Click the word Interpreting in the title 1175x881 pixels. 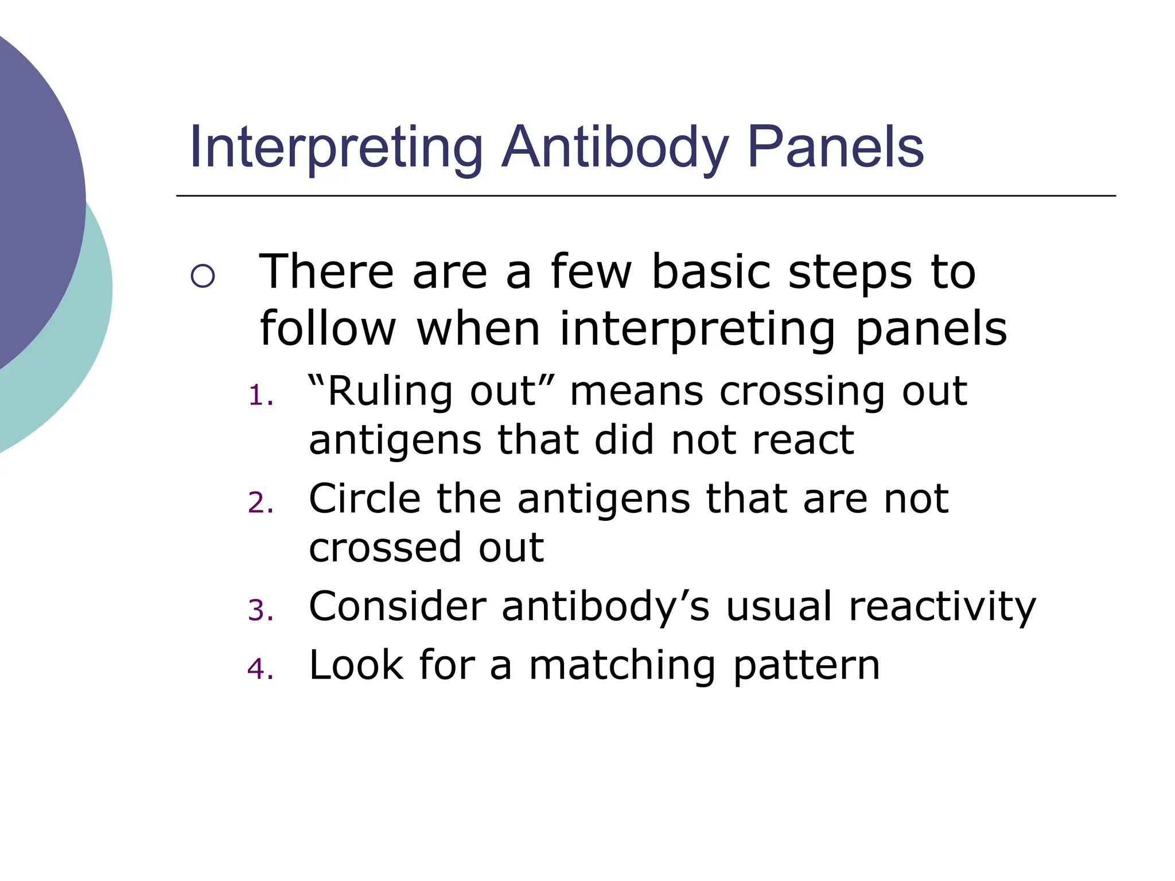point(336,148)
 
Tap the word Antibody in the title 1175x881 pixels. point(615,148)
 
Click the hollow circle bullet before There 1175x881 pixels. point(203,276)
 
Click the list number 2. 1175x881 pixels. point(260,503)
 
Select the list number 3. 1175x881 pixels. point(260,610)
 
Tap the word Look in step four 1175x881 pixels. point(356,665)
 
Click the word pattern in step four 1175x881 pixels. point(806,666)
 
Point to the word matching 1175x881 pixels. point(622,666)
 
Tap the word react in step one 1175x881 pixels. point(803,440)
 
